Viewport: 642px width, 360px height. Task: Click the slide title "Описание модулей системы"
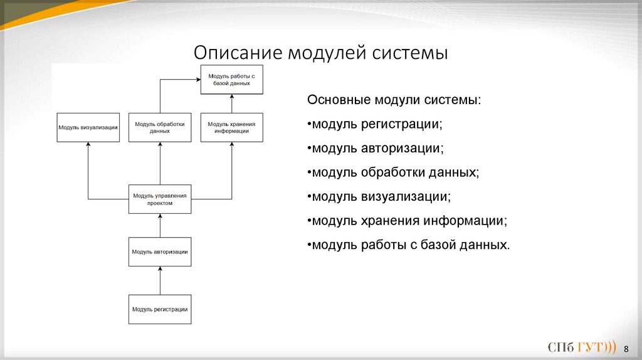320,51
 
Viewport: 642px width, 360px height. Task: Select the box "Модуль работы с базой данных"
232,79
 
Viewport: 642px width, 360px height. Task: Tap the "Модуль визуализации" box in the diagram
88,127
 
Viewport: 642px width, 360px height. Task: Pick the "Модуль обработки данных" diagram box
160,127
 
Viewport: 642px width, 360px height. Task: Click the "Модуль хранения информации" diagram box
232,127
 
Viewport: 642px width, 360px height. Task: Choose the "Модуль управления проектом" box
160,199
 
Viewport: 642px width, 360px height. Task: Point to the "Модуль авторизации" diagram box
160,252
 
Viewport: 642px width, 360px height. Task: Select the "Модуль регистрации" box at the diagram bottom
160,309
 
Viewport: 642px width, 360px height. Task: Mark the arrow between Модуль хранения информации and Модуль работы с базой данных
232,103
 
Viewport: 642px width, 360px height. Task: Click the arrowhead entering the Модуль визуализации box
88,145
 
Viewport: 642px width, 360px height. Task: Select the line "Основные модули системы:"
394,100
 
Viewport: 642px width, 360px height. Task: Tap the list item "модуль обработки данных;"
393,172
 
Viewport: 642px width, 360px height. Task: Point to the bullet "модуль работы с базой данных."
409,245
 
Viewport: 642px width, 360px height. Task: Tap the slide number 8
626,348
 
